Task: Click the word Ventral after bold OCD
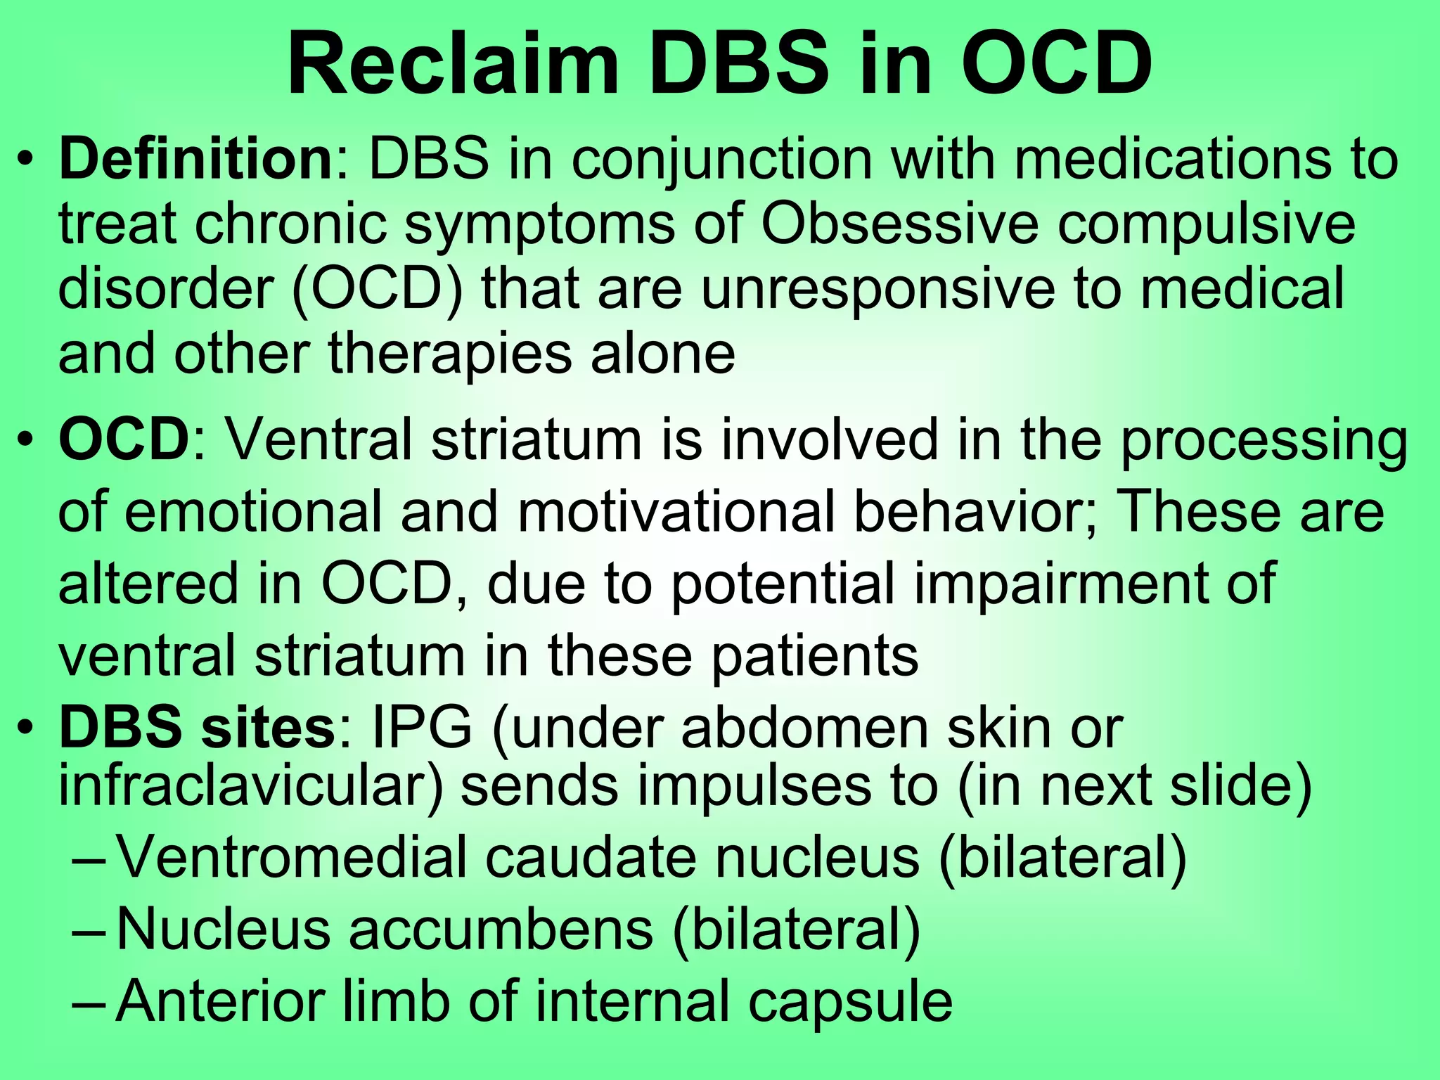(x=316, y=440)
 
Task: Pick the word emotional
(x=254, y=512)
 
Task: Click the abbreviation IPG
(x=422, y=728)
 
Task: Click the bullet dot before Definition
(x=26, y=160)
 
